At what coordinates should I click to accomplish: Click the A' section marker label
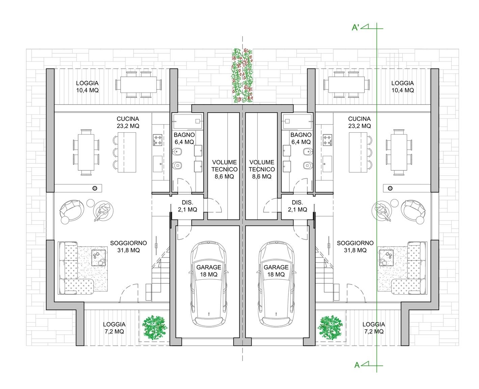pos(355,27)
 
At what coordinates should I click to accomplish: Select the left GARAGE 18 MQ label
pos(208,271)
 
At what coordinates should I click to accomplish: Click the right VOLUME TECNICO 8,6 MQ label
pos(261,169)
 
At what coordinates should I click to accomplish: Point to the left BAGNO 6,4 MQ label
pos(184,138)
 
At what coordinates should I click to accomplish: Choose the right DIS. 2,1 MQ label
pos(297,206)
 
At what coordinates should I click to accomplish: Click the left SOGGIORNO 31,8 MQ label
pos(129,246)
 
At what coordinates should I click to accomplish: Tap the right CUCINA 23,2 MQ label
pos(359,122)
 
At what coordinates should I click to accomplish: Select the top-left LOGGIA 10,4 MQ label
pos(87,87)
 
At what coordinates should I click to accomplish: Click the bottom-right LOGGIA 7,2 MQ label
pos(373,328)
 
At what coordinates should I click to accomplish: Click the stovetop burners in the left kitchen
pos(158,140)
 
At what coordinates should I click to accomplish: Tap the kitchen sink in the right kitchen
pos(327,164)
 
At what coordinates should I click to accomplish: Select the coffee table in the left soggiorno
pos(98,258)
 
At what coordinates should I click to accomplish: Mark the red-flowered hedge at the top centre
pos(243,75)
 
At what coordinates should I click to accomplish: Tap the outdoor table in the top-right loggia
pos(346,85)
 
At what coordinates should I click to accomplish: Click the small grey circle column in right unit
pos(390,188)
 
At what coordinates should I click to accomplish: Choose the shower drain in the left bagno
pos(197,121)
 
